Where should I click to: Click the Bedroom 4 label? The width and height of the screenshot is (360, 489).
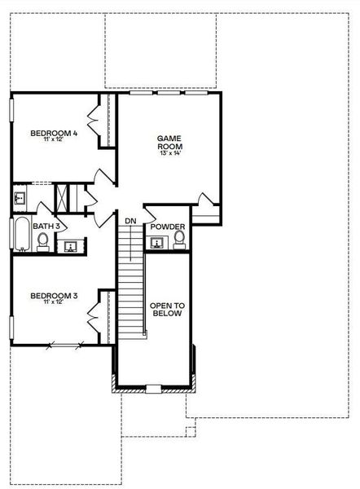(55, 133)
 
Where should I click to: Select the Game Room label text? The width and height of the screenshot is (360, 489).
(168, 143)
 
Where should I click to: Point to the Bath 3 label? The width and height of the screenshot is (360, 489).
(47, 226)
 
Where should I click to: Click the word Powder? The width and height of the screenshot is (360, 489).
(167, 227)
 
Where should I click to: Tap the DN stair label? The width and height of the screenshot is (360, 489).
(130, 221)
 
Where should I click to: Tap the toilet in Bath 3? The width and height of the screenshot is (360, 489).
(42, 240)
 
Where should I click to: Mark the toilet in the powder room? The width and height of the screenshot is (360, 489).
(178, 240)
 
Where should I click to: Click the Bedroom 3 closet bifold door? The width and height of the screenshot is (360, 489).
(93, 313)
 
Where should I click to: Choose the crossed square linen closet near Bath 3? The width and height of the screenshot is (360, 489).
(61, 198)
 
